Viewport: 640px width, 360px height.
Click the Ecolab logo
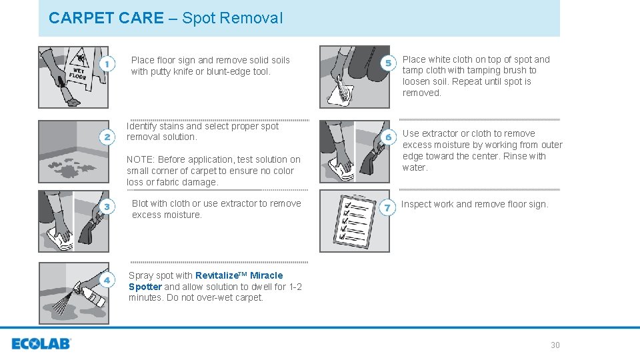coord(41,344)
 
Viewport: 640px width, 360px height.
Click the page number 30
coord(555,345)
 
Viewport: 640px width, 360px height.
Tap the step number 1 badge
coord(107,63)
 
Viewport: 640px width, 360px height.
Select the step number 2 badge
coord(107,137)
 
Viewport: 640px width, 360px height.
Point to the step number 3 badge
coord(107,207)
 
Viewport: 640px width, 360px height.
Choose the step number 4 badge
coord(107,280)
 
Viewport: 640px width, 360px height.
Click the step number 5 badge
coord(388,63)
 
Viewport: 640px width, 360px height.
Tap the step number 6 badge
coord(388,137)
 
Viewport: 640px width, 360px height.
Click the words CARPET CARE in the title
coord(106,18)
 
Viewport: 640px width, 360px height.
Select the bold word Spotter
coord(145,287)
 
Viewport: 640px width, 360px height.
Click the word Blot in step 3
coord(140,204)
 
